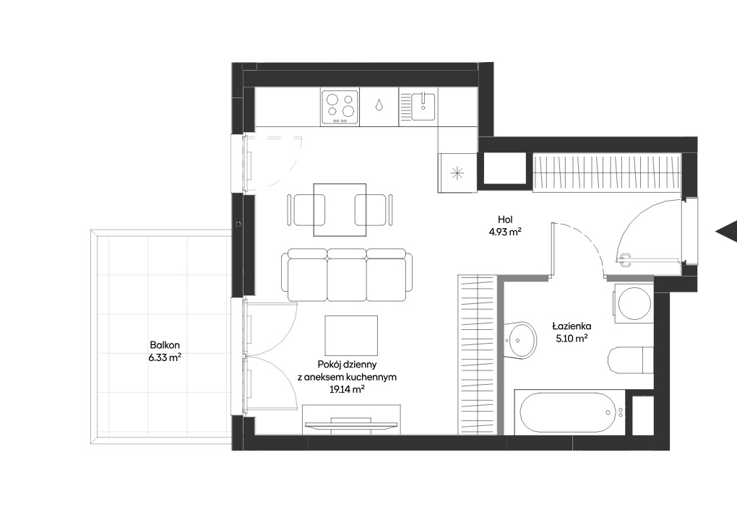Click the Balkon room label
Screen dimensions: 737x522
point(165,345)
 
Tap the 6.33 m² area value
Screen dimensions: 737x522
point(165,357)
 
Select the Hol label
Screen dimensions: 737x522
point(505,219)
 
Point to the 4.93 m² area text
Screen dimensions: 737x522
point(505,232)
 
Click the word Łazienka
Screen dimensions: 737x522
point(572,326)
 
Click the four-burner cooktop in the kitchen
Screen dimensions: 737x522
point(341,107)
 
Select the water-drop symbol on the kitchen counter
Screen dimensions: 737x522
point(379,105)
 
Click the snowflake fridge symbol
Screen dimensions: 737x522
point(457,173)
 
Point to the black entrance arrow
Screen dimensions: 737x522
point(726,231)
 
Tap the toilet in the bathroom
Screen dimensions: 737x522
point(630,360)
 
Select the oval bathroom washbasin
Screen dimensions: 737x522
point(522,340)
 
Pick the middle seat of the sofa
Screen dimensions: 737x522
point(347,277)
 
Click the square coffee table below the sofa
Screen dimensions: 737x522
point(351,336)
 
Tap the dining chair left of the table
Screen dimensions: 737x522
point(306,211)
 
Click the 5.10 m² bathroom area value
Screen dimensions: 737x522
point(572,339)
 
